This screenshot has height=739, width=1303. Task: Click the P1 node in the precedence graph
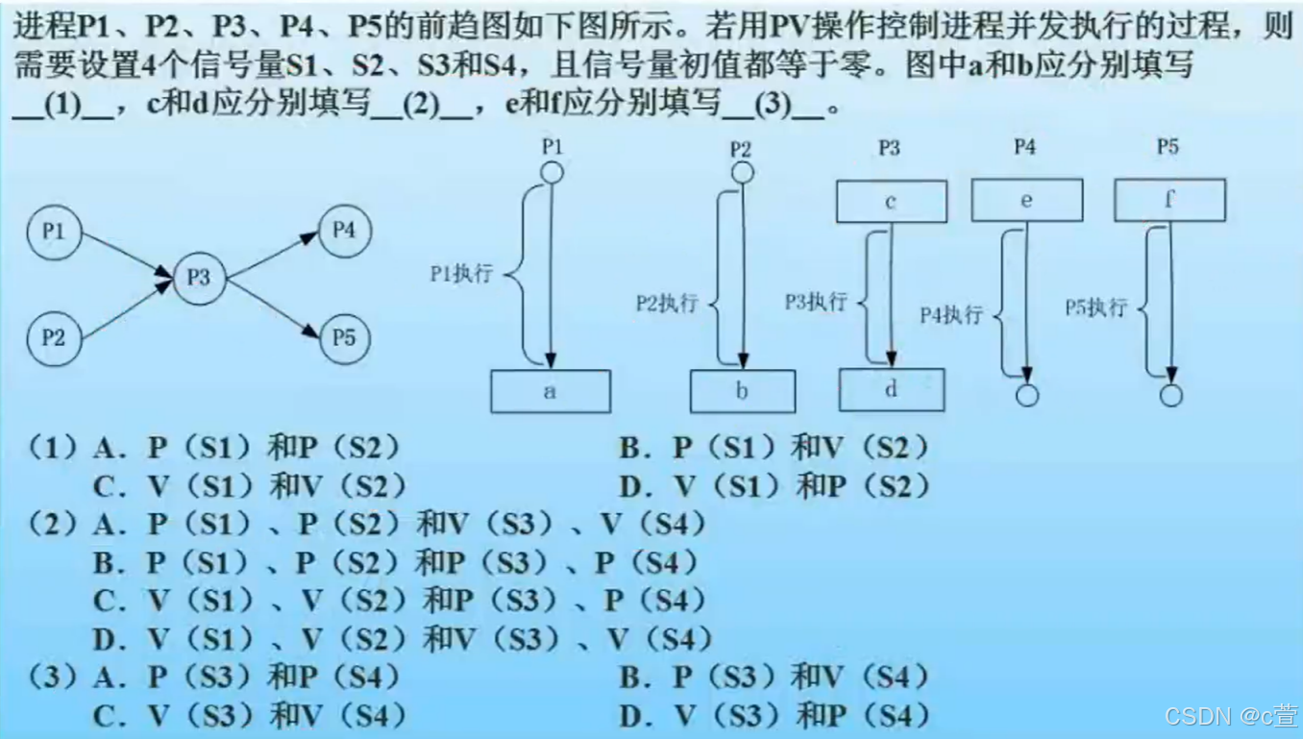54,232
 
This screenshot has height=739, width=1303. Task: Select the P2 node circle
54,337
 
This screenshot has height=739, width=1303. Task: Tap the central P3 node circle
198,278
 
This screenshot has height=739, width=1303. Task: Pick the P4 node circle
344,231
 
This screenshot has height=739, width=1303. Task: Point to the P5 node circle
344,337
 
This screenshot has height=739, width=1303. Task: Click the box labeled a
550,391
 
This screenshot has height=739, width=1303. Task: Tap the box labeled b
742,391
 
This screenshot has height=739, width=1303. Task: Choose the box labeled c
891,202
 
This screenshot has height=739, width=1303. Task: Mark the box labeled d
891,389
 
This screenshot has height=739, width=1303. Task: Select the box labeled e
1026,201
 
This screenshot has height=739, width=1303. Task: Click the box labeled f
1169,201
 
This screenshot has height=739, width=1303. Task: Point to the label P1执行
461,274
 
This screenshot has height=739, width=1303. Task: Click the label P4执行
951,315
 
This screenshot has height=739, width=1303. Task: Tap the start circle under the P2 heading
742,173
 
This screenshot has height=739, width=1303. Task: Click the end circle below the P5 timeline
1170,395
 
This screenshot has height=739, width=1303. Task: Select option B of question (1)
774,448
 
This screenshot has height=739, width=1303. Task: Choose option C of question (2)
399,602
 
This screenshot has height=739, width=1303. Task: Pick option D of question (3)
774,715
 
